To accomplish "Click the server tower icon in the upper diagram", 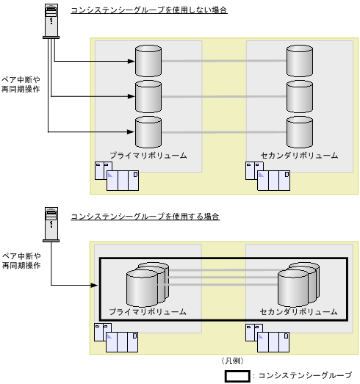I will click(x=51, y=21).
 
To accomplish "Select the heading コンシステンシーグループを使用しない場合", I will click(x=148, y=10).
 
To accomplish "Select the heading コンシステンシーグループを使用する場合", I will click(x=145, y=217).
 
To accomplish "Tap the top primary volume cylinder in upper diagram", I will click(x=148, y=60).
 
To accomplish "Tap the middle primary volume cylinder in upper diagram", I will click(x=148, y=95).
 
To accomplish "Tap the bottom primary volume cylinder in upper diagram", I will click(x=148, y=131).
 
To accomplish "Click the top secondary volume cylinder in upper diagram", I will click(x=300, y=60).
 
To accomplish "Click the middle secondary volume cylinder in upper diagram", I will click(x=300, y=95).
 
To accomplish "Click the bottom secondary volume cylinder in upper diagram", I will click(x=300, y=131).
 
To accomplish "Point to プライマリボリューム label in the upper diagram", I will click(x=148, y=156).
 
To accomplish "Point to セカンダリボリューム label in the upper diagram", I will click(x=300, y=156).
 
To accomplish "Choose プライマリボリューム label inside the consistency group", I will click(x=148, y=312).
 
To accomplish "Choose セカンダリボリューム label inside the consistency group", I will click(x=298, y=312).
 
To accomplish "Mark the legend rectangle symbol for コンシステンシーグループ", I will click(x=237, y=375).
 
